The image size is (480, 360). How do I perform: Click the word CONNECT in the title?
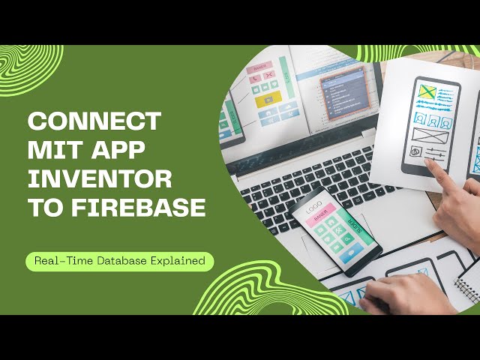click(x=94, y=121)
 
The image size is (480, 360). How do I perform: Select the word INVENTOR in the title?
click(x=100, y=179)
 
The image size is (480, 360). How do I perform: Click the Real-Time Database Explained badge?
click(x=120, y=261)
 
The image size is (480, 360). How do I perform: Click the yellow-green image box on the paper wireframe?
click(x=427, y=92)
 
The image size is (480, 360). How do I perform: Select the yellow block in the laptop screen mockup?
click(x=268, y=97)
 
